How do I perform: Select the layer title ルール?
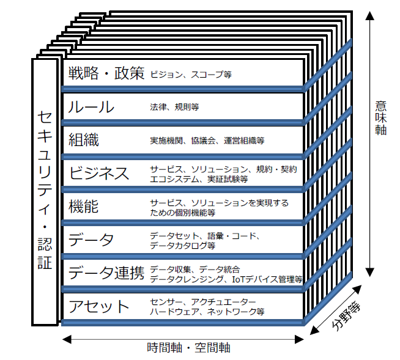(92, 108)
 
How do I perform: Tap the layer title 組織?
(84, 140)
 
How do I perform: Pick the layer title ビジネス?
(99, 174)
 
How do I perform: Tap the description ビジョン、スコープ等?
(191, 75)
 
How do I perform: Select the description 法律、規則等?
(174, 108)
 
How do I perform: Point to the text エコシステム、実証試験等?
(199, 179)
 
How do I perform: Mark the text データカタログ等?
(182, 246)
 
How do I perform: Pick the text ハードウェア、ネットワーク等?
(207, 311)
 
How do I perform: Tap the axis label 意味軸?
(380, 117)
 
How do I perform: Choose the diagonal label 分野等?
(348, 314)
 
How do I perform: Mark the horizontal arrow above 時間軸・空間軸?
(183, 337)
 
